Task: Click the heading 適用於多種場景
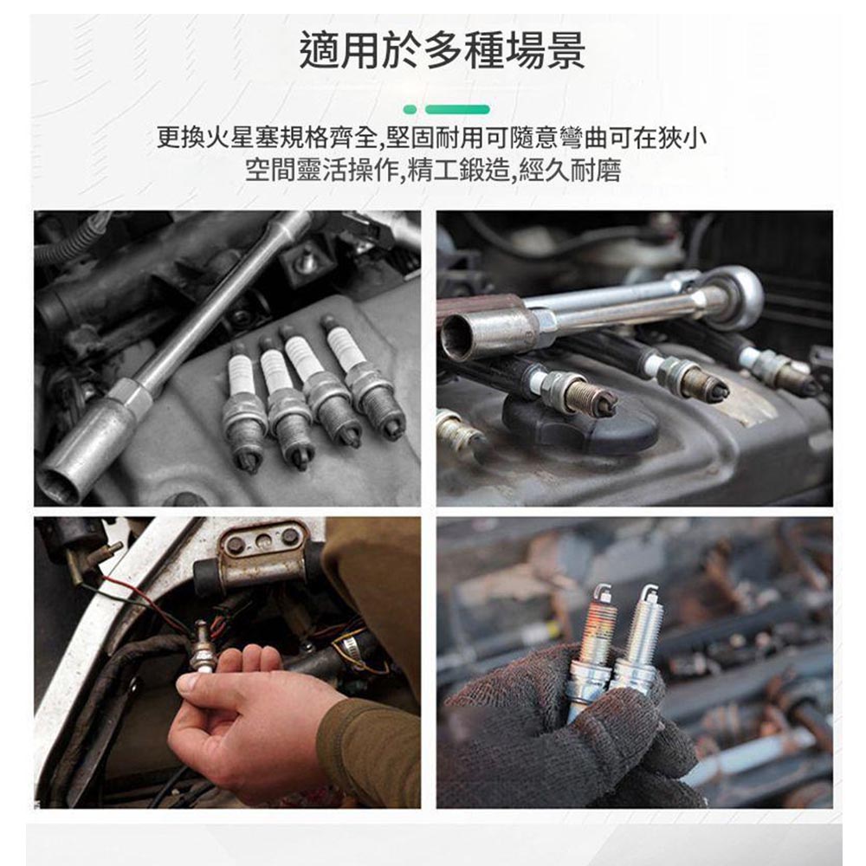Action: tap(442, 51)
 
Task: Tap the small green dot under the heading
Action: tap(410, 109)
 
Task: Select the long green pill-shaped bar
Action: tap(457, 109)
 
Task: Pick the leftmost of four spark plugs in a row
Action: tap(243, 406)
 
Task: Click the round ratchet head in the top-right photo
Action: tap(734, 297)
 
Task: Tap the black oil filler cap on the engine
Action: tap(580, 424)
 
